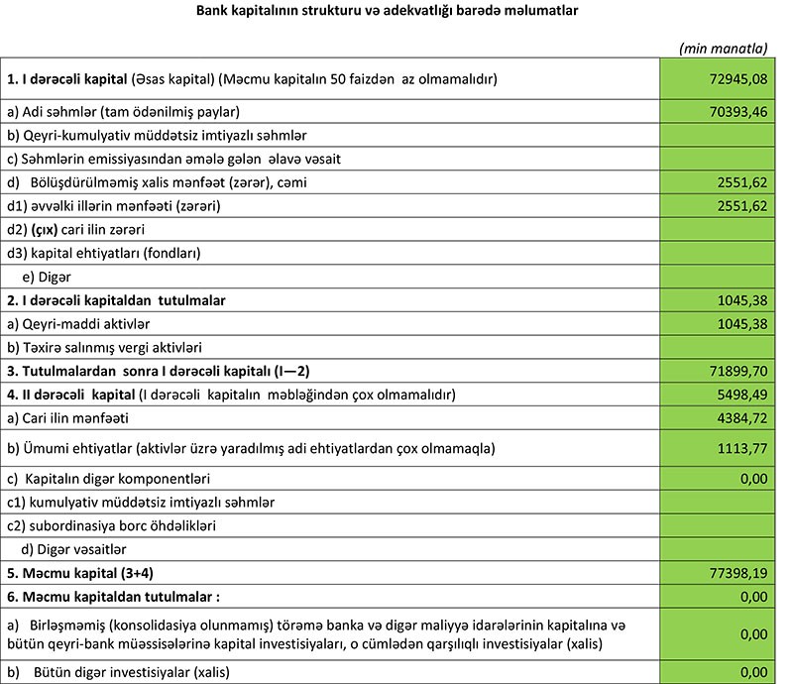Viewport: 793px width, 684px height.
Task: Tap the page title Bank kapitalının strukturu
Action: [396, 13]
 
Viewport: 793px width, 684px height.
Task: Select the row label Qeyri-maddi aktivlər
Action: [88, 323]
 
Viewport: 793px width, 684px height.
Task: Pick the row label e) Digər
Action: [46, 276]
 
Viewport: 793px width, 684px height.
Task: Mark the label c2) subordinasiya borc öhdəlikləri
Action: [113, 524]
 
